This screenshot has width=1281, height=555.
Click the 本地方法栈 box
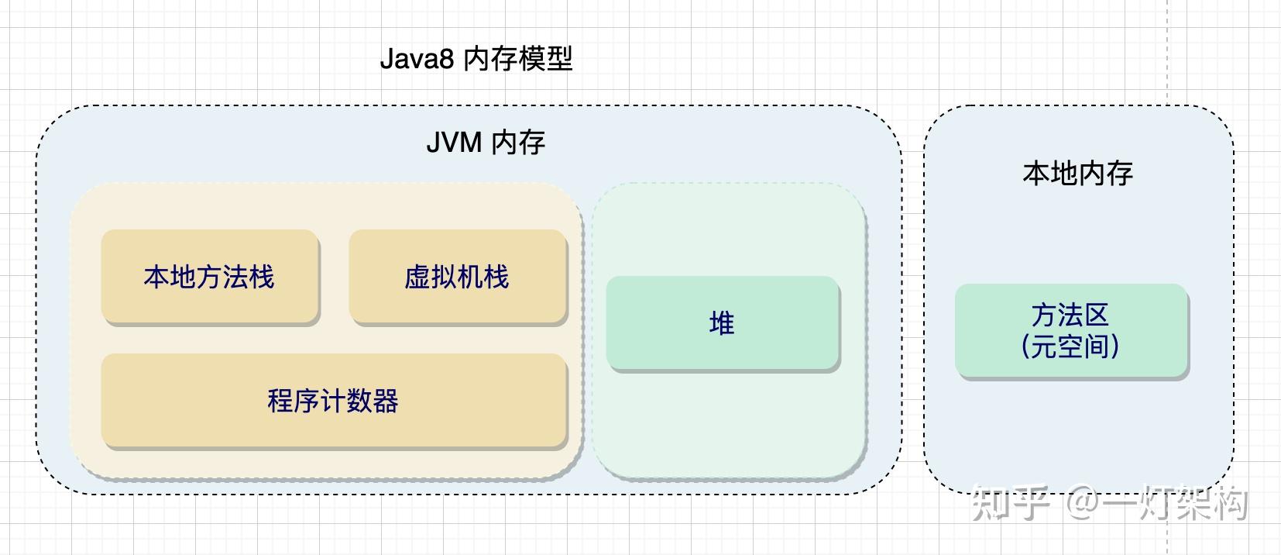[210, 277]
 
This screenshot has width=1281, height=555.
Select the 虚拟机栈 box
[458, 277]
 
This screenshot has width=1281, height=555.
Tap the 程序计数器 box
[334, 401]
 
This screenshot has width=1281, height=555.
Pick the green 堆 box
[723, 323]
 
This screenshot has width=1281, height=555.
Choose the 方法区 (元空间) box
[1071, 331]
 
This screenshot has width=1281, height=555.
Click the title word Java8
[416, 60]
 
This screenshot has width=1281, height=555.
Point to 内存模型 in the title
[518, 60]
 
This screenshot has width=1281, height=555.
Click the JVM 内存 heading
[486, 143]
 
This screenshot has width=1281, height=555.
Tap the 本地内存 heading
[1078, 173]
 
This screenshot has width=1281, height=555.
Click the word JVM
[454, 143]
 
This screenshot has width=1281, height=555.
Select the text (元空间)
[1070, 346]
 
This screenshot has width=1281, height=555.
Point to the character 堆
[722, 323]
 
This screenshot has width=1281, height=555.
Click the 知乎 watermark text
[1011, 504]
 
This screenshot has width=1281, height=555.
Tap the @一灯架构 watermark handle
[1158, 504]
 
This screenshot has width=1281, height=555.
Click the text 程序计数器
[333, 401]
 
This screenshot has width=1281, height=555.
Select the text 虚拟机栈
[457, 277]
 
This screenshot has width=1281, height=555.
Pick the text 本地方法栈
[209, 277]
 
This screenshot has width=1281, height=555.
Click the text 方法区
[1070, 315]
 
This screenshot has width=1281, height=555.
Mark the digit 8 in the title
[446, 60]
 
